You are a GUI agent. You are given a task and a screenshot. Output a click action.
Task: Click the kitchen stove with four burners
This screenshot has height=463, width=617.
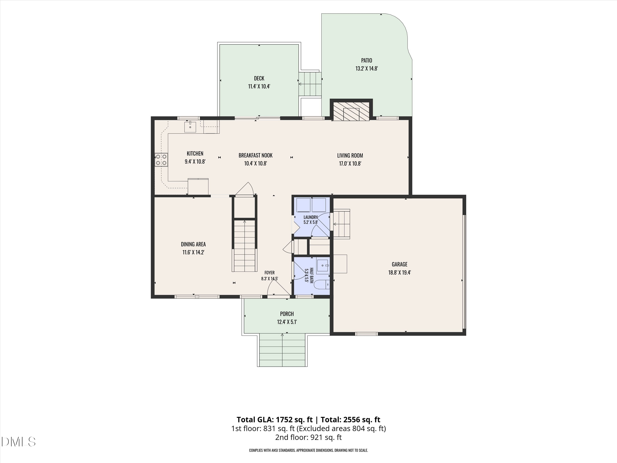(x=161, y=160)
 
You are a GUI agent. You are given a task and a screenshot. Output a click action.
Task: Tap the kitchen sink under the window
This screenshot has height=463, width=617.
(x=190, y=127)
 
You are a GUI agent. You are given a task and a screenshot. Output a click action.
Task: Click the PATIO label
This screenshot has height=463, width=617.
(x=366, y=60)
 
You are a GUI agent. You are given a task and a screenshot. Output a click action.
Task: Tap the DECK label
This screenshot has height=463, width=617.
(x=259, y=78)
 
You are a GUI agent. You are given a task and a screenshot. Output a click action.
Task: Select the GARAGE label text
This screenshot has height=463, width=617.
(x=399, y=264)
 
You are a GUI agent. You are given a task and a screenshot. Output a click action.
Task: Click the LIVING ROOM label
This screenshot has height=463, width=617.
(x=350, y=155)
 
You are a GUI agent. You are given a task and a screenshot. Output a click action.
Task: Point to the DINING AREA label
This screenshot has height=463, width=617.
(x=193, y=244)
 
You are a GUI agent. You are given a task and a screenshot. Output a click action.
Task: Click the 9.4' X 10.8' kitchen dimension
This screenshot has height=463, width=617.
(x=195, y=161)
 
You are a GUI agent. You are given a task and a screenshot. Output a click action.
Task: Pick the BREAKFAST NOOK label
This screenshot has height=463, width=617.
(x=255, y=155)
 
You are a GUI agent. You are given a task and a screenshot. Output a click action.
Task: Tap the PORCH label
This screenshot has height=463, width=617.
(x=287, y=314)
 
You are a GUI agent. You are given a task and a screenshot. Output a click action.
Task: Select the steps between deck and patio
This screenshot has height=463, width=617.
(x=310, y=84)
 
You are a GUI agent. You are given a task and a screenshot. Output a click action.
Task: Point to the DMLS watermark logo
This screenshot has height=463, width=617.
(x=19, y=442)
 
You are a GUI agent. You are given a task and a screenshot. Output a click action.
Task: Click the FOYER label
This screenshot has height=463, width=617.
(x=269, y=273)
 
